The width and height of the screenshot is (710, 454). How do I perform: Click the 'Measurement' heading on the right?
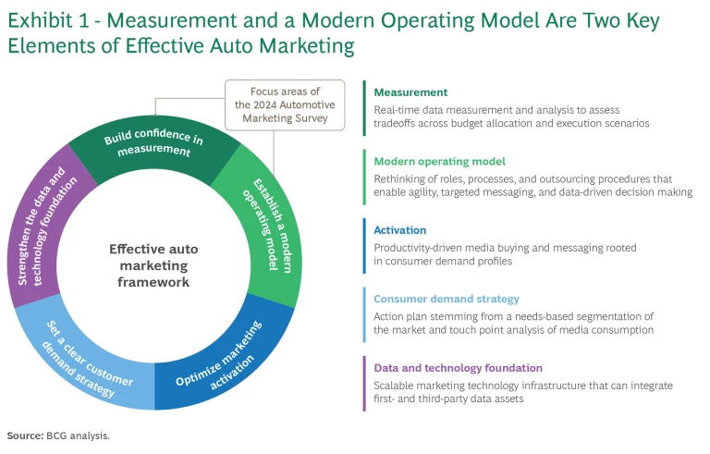click(410, 92)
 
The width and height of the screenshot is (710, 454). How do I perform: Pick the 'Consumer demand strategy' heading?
click(447, 299)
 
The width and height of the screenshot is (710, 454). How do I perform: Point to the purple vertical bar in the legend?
click(364, 384)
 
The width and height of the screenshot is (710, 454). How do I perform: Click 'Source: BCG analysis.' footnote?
click(58, 435)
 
